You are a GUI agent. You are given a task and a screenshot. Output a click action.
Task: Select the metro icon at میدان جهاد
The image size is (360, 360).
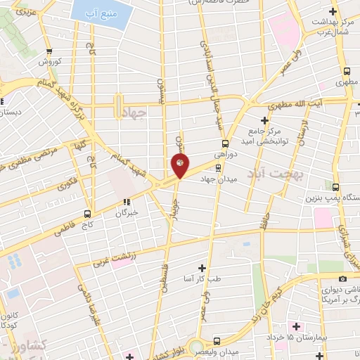pos(217,167)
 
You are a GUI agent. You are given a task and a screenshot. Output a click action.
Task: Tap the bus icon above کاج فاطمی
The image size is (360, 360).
pos(88,213)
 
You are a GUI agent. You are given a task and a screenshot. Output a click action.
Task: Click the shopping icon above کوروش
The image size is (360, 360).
pos(49,51)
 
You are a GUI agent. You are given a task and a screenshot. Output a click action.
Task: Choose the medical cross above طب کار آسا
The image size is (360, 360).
pos(202,267)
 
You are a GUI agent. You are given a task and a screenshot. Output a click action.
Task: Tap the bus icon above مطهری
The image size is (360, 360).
pos(347,71)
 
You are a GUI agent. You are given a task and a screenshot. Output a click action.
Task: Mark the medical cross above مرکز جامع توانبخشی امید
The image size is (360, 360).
pos(264,120)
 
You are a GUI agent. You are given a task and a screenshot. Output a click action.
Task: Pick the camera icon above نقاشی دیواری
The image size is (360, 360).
pos(343,278)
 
